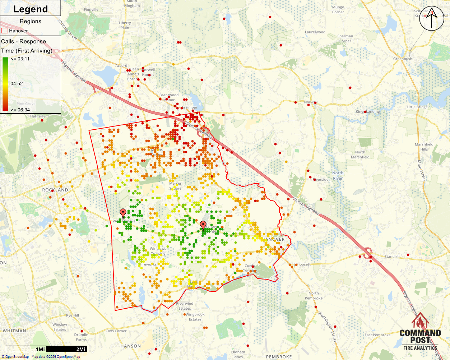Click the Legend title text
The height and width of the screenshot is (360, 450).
[x=30, y=9]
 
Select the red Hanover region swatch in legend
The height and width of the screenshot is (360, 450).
[x=5, y=31]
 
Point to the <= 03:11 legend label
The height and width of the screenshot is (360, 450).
[x=20, y=59]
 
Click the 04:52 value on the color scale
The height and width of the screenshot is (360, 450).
[x=17, y=84]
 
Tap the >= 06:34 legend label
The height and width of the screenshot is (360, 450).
[x=20, y=110]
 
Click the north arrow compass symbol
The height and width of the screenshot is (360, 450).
[x=432, y=19]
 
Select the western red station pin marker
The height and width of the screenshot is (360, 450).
[x=123, y=213]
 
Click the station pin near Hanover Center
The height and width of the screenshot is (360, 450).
[x=203, y=225]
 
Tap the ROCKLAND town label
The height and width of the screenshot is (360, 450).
[x=55, y=190]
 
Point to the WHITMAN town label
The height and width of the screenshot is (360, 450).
[x=14, y=331]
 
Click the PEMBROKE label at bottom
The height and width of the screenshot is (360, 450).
[x=279, y=357]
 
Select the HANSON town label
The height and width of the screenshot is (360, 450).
[x=130, y=346]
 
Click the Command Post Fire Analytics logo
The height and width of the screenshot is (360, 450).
[x=420, y=332]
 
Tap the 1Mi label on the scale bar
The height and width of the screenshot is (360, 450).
[x=40, y=349]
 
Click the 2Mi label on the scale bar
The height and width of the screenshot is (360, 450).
[x=81, y=349]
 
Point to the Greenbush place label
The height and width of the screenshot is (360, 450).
[x=403, y=59]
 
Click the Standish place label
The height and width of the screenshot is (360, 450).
[x=392, y=257]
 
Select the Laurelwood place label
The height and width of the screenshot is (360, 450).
[x=315, y=32]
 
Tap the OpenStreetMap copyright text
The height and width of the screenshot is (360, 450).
[x=41, y=357]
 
